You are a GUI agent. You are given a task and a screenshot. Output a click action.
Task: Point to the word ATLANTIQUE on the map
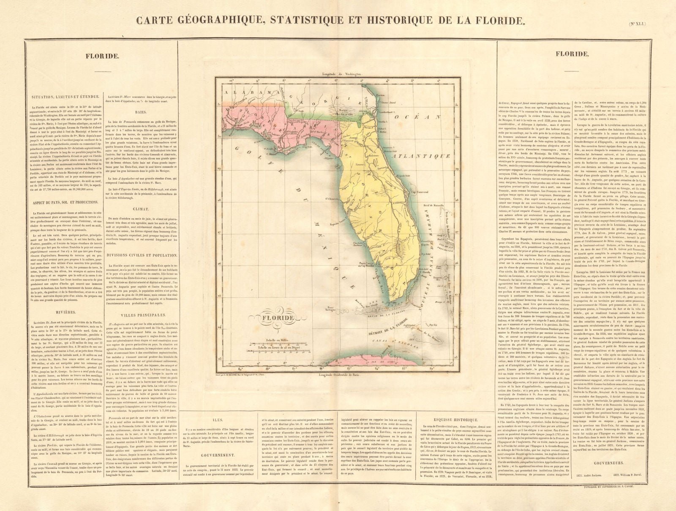pyautogui.click(x=421, y=156)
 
